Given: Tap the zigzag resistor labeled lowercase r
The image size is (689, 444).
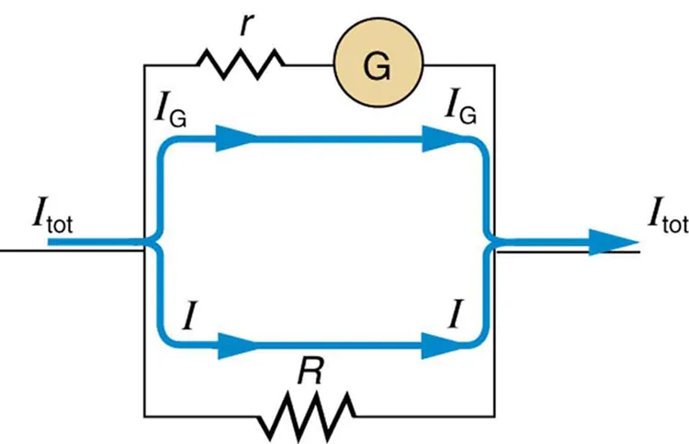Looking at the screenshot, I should [240, 64].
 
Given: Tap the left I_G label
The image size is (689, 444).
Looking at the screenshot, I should [170, 117].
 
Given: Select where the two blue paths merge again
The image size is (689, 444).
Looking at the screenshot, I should [491, 243].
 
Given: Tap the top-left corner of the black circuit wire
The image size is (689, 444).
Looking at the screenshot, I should [145, 65].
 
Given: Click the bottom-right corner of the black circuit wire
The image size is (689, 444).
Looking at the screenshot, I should [497, 414].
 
